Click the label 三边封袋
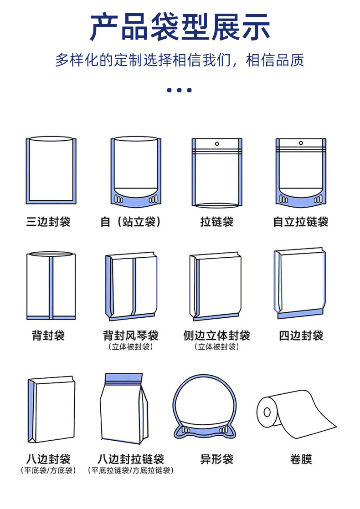click(48, 222)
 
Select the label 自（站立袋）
click(131, 222)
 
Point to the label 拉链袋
click(216, 222)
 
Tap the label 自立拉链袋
click(301, 222)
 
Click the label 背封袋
click(48, 336)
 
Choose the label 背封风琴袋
click(131, 336)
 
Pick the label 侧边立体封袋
click(216, 336)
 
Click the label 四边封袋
click(301, 336)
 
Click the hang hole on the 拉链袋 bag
click(217, 143)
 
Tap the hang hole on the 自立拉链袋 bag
click(301, 143)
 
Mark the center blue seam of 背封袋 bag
click(51, 287)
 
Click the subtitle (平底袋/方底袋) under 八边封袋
click(48, 470)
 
